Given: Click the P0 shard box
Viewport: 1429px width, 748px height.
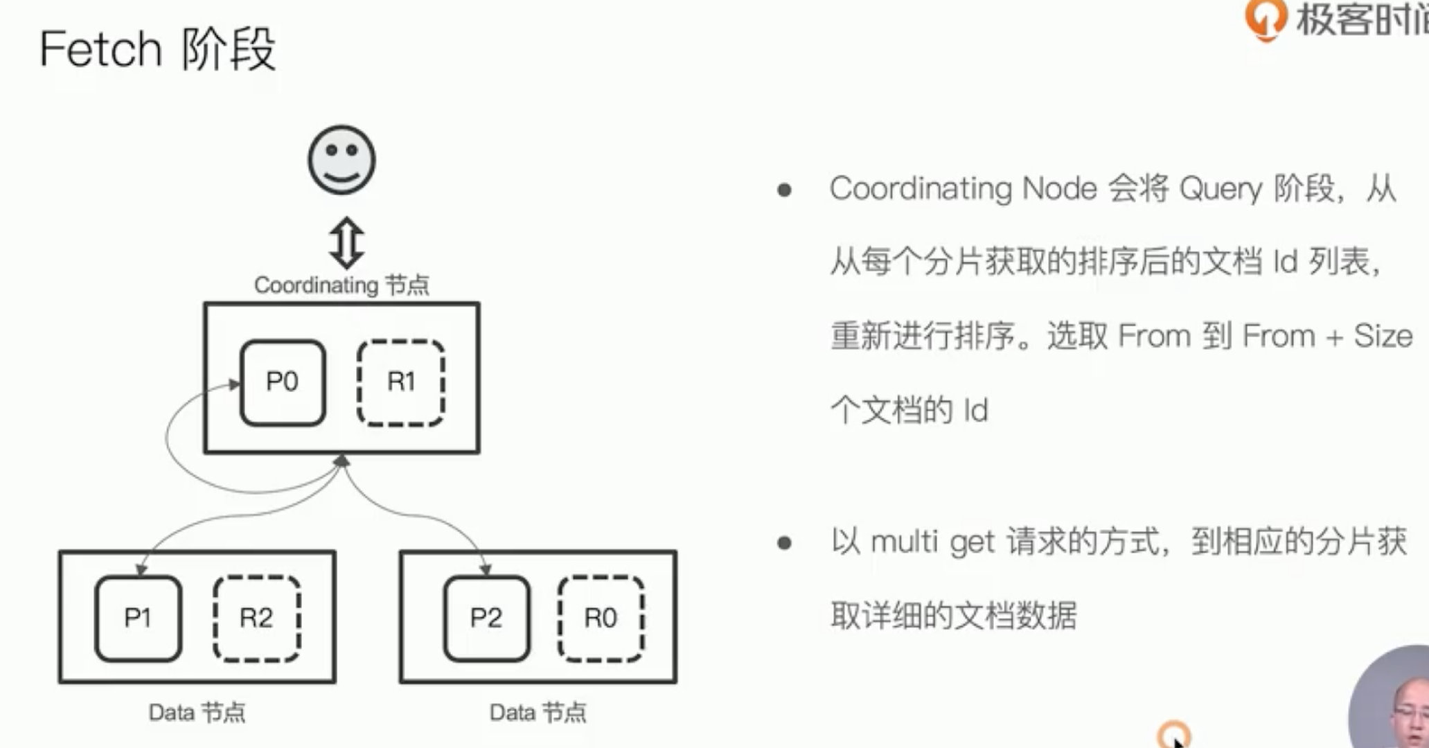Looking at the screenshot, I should pyautogui.click(x=283, y=382).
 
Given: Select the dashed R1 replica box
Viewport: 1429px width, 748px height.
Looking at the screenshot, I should pyautogui.click(x=401, y=382).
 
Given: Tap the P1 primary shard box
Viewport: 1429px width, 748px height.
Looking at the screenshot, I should pyautogui.click(x=139, y=618).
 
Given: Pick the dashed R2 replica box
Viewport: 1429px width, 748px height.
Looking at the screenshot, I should pyautogui.click(x=256, y=618).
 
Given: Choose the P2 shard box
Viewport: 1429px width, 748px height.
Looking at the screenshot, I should pyautogui.click(x=486, y=618).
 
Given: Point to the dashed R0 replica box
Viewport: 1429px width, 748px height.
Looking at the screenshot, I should pyautogui.click(x=601, y=618).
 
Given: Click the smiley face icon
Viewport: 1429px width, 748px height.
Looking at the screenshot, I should pyautogui.click(x=341, y=160).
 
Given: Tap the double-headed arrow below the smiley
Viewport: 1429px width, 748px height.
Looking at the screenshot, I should pyautogui.click(x=346, y=243).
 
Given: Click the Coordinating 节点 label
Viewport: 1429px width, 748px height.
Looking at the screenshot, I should pyautogui.click(x=341, y=285).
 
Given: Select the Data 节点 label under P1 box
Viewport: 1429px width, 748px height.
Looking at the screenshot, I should pyautogui.click(x=197, y=713).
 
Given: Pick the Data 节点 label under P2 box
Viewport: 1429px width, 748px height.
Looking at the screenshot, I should pyautogui.click(x=538, y=713).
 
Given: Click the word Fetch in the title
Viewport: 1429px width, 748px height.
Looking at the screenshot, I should pyautogui.click(x=100, y=49).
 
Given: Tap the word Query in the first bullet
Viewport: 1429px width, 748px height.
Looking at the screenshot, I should pyautogui.click(x=1221, y=189).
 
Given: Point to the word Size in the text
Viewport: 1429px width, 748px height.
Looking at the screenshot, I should pyautogui.click(x=1383, y=336).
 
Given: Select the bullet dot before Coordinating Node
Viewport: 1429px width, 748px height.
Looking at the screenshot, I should pyautogui.click(x=784, y=190).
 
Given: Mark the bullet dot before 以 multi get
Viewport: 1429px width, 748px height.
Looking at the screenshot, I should pyautogui.click(x=784, y=543).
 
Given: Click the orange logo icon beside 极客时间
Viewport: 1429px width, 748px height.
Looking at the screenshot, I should pyautogui.click(x=1266, y=19).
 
